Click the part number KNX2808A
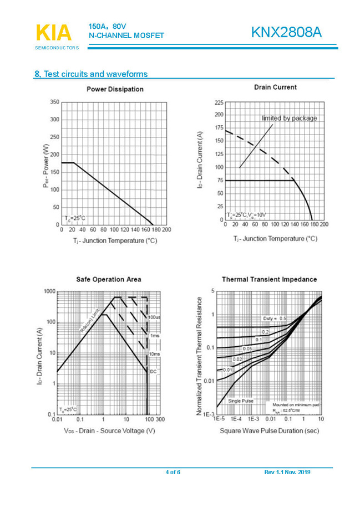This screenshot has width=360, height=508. coord(286,33)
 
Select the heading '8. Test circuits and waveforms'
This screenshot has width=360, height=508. coord(91,74)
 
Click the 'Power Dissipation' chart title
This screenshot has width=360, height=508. coord(115,89)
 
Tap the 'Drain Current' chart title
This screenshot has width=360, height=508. coord(275,87)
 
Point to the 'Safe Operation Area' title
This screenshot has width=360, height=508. coord(108,279)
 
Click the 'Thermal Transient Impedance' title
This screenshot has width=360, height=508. coord(270,279)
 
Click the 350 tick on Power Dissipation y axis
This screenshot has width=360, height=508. coord(54,102)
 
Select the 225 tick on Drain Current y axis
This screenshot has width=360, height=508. coord(219,104)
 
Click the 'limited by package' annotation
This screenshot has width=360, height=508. coord(289,118)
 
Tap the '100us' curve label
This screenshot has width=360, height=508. coord(154,317)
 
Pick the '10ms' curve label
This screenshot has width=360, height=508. coord(155,354)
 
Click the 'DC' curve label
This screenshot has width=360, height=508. coord(153,371)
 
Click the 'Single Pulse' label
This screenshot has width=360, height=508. coord(241,401)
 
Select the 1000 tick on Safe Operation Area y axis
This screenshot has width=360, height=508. coord(49,291)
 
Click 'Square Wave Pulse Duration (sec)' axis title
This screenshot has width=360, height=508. coord(268,430)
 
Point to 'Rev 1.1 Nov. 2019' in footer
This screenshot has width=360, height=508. coord(287,472)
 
